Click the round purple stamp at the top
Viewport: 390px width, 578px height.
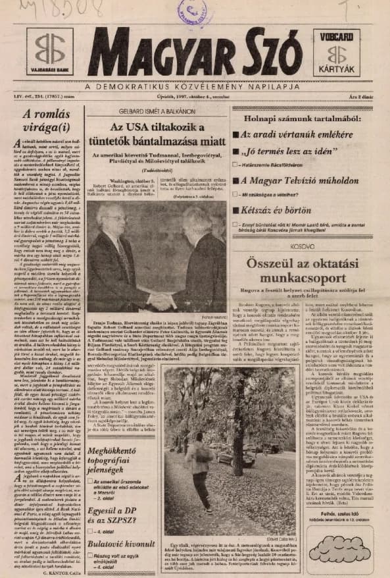tap(191, 11)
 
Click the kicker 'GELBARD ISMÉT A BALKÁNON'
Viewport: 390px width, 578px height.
tap(158, 112)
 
